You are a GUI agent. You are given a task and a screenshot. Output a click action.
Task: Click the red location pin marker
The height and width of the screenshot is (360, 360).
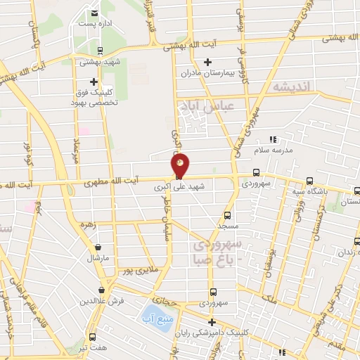coord(180,167)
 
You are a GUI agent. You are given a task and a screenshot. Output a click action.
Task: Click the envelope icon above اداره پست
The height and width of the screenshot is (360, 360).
coord(95,13)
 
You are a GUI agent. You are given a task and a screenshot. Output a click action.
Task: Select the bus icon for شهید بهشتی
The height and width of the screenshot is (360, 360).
coord(100,50)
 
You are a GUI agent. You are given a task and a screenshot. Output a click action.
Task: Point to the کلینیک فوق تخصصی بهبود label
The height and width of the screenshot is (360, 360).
coord(96,97)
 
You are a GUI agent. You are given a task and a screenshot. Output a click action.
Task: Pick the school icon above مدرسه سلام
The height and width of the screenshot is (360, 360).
coord(274,139)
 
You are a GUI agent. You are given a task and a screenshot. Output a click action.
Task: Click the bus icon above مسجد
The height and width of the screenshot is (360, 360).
coord(227,217)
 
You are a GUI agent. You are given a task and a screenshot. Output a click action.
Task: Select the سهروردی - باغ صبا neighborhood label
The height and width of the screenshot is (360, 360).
coord(218,252)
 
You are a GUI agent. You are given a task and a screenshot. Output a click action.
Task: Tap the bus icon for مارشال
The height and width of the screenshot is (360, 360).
coord(98,247)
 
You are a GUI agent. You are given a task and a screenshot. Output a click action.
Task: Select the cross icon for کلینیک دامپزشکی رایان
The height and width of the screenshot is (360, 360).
coord(212,322)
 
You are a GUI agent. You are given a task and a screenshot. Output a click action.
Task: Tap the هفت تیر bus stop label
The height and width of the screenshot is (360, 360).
coord(93,348)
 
